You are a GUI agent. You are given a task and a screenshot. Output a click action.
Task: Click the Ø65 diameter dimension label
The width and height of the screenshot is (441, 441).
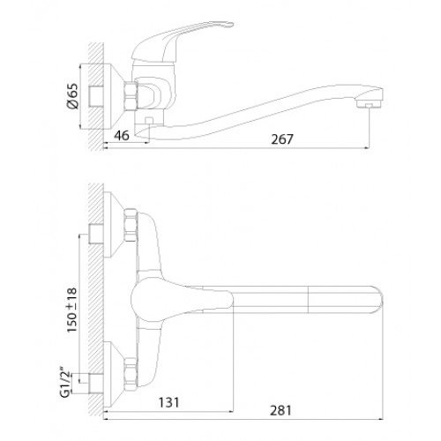pyautogui.click(x=72, y=96)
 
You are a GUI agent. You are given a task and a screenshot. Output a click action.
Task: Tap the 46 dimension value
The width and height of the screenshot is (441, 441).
pyautogui.click(x=122, y=136)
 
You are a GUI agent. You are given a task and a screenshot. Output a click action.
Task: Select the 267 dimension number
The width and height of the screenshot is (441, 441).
pyautogui.click(x=282, y=139)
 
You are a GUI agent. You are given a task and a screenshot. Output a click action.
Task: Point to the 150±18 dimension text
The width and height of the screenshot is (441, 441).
pyautogui.click(x=71, y=310)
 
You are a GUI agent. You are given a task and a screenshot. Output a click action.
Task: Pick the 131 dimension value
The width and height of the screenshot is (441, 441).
pyautogui.click(x=168, y=402)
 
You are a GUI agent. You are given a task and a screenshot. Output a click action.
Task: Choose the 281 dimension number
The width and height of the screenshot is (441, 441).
pyautogui.click(x=280, y=410)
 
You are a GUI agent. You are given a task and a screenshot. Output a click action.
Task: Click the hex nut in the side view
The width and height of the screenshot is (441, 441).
pyautogui.click(x=131, y=96)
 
